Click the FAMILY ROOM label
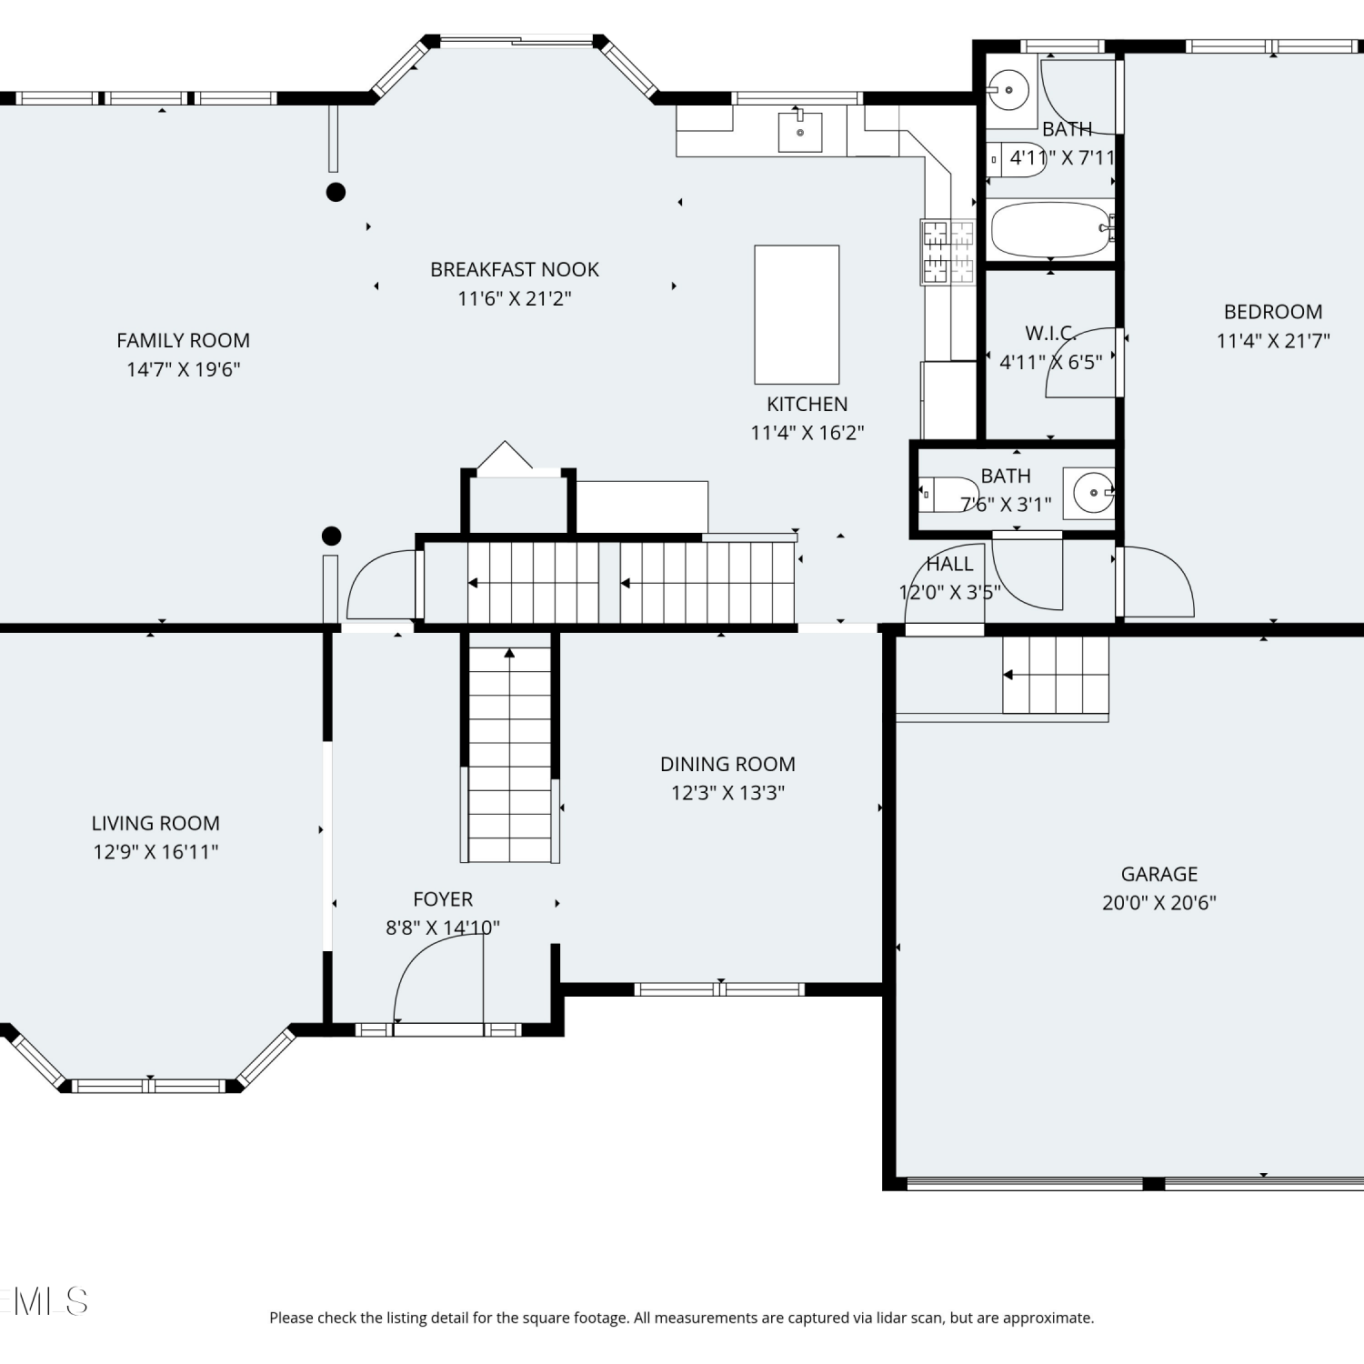183,340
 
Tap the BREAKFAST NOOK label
515,269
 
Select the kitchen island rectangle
797,315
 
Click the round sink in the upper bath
1008,90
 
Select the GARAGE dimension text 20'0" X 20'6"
1159,902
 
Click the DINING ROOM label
727,764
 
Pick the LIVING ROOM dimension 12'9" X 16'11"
155,851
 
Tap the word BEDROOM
1273,311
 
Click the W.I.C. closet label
1051,333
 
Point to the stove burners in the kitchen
948,251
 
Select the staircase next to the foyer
509,754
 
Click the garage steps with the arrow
1056,675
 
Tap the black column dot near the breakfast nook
336,192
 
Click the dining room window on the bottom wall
719,989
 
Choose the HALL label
949,564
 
